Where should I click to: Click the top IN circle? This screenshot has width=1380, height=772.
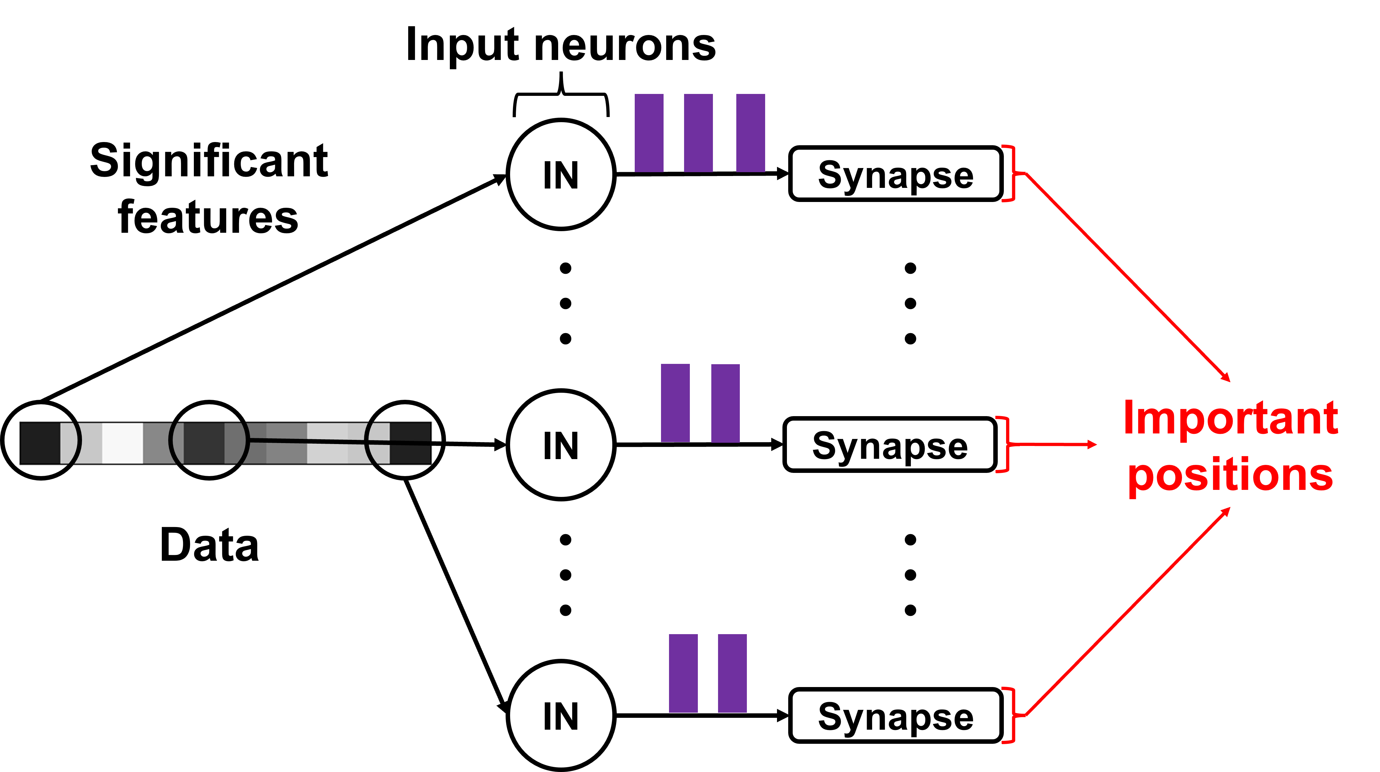click(x=561, y=174)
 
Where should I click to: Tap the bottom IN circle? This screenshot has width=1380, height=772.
click(x=561, y=715)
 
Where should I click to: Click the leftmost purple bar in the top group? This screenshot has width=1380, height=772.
click(x=649, y=133)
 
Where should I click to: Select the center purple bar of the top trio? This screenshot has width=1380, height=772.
click(x=698, y=133)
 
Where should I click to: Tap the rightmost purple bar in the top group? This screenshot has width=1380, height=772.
click(x=750, y=133)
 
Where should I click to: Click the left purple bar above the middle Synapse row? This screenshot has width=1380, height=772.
click(x=675, y=403)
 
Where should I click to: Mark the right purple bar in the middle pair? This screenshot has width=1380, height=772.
click(x=725, y=403)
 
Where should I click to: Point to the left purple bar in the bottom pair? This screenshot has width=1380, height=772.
click(x=683, y=673)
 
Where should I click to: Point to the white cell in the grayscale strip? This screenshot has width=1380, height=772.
click(x=122, y=443)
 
